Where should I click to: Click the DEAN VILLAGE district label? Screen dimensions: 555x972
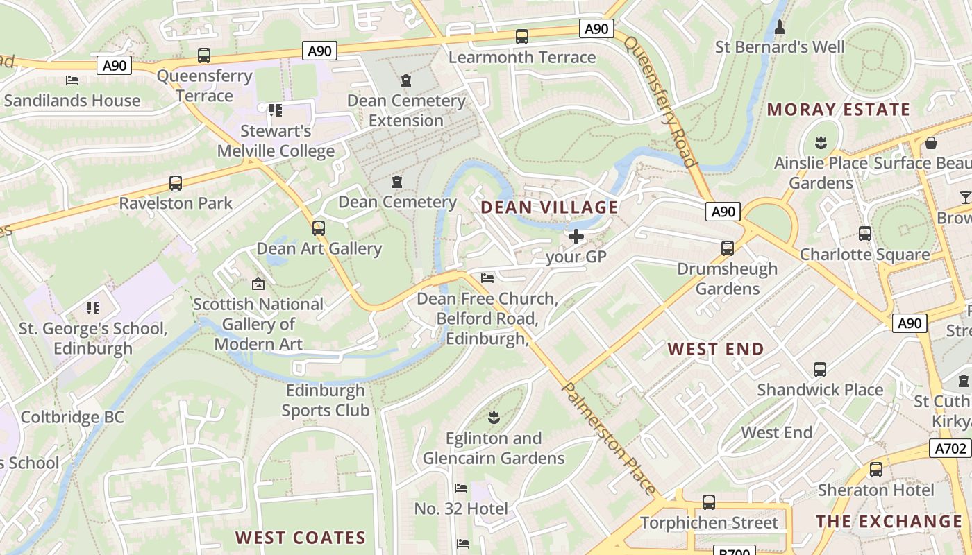549,207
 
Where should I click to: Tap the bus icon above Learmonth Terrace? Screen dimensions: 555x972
522,37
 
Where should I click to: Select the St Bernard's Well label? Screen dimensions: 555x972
780,47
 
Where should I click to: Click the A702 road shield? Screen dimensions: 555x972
950,449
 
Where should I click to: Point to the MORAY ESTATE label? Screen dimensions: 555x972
838,110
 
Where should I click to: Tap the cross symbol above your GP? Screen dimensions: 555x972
576,237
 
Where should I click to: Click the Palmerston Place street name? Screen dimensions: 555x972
609,438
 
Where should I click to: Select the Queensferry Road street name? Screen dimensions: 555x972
660,101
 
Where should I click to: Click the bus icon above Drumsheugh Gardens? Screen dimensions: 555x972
727,248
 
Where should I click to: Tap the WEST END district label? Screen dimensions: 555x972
716,349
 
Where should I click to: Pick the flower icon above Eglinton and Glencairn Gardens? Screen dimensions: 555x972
494,418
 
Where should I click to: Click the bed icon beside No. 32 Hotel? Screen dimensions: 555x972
460,488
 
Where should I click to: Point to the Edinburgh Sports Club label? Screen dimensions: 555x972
325,400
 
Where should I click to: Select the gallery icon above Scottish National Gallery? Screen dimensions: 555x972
258,283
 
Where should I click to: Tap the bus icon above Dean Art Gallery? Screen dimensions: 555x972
319,228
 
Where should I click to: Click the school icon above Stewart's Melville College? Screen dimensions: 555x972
276,110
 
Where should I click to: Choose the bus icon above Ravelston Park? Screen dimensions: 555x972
176,183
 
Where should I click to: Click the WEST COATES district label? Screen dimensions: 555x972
300,538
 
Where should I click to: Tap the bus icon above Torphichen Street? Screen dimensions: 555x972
708,502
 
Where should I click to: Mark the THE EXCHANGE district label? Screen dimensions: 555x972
889,522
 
